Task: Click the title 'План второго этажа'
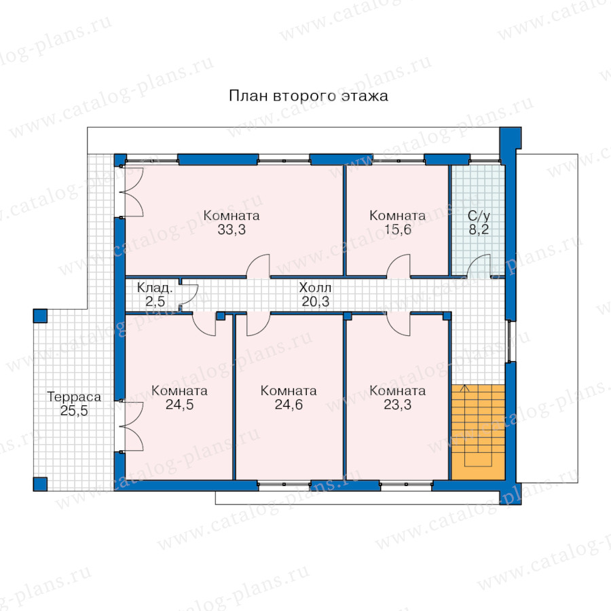308,96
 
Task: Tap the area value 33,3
232,230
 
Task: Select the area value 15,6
397,230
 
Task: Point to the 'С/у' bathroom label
479,215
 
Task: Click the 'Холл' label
315,288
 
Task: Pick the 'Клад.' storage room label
155,288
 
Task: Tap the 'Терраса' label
74,396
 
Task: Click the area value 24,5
179,405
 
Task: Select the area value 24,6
289,405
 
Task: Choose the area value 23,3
397,405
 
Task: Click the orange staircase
478,432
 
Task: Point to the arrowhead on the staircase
464,388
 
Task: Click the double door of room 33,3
132,191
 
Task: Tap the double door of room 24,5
132,426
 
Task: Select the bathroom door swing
479,266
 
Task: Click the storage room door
189,296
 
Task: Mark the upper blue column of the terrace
40,316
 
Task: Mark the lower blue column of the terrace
40,484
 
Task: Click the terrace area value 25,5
74,411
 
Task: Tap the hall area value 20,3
315,301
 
